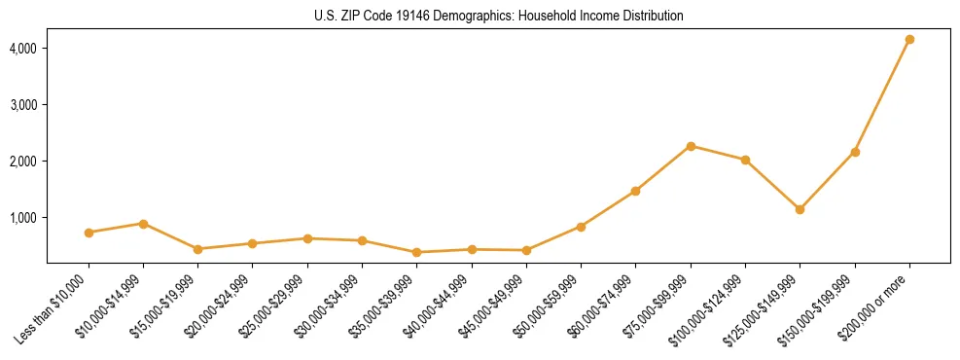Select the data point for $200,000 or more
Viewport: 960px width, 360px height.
click(909, 39)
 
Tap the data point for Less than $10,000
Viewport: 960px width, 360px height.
click(89, 233)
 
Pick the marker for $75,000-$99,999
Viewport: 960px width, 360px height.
click(691, 146)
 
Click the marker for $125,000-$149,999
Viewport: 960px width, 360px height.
click(800, 209)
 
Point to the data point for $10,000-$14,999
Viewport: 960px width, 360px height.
click(143, 224)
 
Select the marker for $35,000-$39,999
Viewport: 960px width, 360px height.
click(416, 252)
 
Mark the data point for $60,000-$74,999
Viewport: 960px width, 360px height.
click(635, 191)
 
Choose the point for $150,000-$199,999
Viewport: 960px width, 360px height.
click(855, 152)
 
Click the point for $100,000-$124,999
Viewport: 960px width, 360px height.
click(745, 160)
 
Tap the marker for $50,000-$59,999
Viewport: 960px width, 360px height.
click(581, 227)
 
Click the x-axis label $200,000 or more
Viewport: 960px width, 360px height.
click(875, 302)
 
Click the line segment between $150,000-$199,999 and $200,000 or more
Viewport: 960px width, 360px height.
click(882, 95)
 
